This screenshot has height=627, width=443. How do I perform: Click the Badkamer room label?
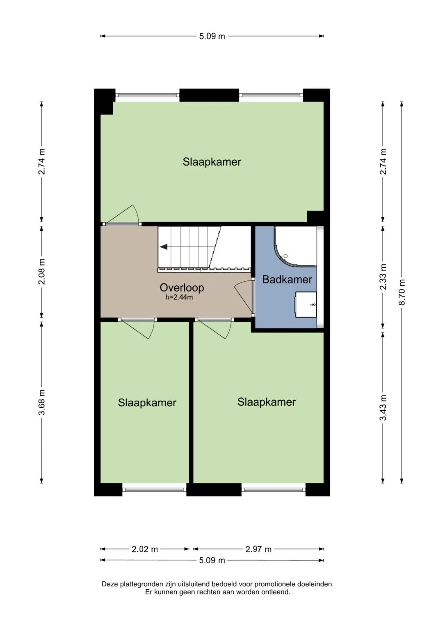(x=287, y=279)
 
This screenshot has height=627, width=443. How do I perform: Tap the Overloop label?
(x=182, y=287)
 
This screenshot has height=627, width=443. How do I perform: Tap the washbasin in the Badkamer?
(x=306, y=305)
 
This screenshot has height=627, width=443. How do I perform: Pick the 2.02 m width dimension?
(x=144, y=549)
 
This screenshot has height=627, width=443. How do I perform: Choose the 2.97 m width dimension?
(x=258, y=549)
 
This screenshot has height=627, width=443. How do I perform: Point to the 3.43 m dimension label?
(x=383, y=408)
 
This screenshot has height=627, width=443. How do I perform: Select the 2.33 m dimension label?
(x=383, y=277)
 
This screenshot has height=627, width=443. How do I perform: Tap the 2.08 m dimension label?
(x=42, y=272)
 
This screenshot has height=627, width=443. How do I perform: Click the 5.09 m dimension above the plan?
(x=212, y=36)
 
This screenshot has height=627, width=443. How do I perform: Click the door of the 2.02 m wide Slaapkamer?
(x=137, y=328)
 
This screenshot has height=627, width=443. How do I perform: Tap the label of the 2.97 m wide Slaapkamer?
(x=266, y=402)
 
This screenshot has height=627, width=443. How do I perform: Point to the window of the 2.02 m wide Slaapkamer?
(x=154, y=489)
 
